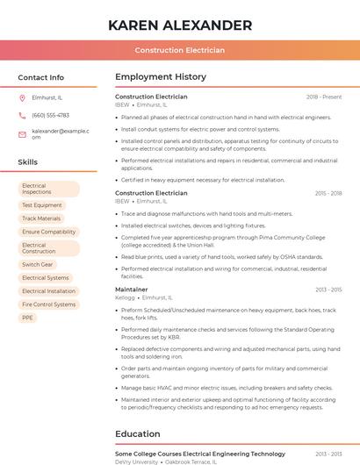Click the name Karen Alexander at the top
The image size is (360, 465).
179,25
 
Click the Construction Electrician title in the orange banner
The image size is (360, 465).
179,50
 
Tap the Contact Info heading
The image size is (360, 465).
40,77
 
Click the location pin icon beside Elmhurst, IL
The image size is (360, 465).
23,97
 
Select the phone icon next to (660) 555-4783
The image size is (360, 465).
23,115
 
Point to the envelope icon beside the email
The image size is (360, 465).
23,133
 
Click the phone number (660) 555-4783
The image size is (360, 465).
50,115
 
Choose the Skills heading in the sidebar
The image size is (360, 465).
28,162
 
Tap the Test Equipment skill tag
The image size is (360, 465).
42,205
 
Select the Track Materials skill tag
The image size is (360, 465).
41,218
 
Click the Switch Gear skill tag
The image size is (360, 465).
38,264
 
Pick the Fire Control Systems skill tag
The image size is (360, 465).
48,304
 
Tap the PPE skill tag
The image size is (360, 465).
28,318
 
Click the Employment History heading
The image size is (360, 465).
161,77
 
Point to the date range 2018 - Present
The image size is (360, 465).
324,97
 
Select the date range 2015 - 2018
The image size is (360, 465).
328,193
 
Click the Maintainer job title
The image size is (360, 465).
132,289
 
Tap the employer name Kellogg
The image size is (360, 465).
124,297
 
